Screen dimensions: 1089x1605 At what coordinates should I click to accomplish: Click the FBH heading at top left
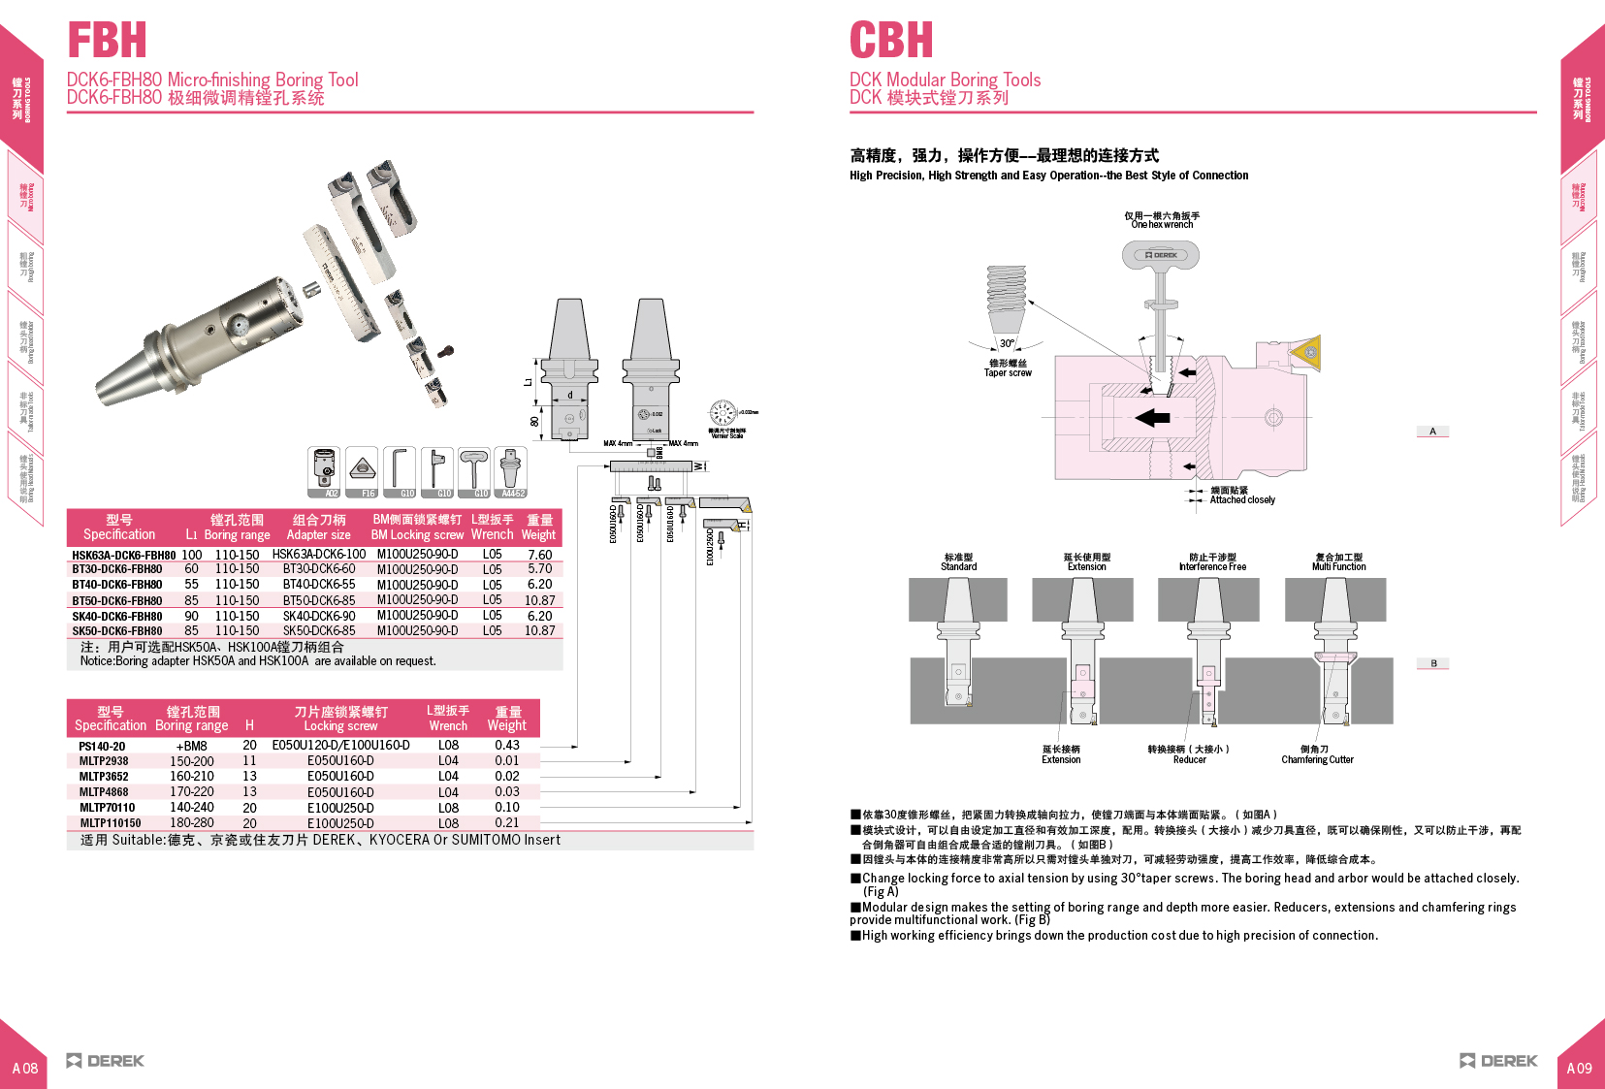click(x=107, y=41)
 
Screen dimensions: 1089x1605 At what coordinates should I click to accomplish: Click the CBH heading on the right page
click(x=890, y=41)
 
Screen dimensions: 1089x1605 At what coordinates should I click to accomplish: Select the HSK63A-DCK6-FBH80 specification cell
click(x=123, y=556)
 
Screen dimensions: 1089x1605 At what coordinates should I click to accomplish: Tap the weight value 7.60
click(x=539, y=556)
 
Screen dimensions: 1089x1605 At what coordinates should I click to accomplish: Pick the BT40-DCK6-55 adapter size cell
click(x=318, y=585)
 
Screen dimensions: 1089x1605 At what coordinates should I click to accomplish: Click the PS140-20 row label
click(x=102, y=747)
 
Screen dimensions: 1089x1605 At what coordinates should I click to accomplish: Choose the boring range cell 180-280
click(x=192, y=823)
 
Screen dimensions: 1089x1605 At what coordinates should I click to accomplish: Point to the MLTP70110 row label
click(x=107, y=808)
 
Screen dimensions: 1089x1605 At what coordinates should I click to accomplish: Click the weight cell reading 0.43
click(x=506, y=746)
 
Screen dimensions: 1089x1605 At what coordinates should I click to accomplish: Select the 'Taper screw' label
click(x=1008, y=372)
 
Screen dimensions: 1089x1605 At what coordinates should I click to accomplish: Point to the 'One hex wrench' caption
click(x=1162, y=225)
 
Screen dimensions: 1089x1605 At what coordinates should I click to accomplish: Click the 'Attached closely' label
click(x=1242, y=500)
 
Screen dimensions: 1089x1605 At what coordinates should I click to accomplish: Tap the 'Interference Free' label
click(x=1212, y=567)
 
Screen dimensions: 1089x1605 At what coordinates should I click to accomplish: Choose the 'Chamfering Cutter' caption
click(x=1317, y=760)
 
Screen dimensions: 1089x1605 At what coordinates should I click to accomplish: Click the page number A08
click(x=25, y=1069)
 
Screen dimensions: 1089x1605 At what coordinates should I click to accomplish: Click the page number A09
click(x=1579, y=1069)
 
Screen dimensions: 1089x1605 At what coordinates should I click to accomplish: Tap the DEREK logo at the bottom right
click(x=1498, y=1061)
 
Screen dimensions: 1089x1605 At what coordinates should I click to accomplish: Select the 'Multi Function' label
click(x=1338, y=567)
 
